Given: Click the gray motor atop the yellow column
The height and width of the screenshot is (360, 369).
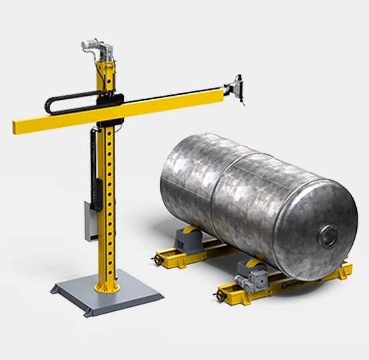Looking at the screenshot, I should [x=94, y=44].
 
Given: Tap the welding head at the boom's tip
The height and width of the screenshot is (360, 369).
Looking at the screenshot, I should [x=235, y=88].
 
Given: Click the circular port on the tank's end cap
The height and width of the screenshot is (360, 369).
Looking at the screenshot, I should [x=329, y=235].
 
